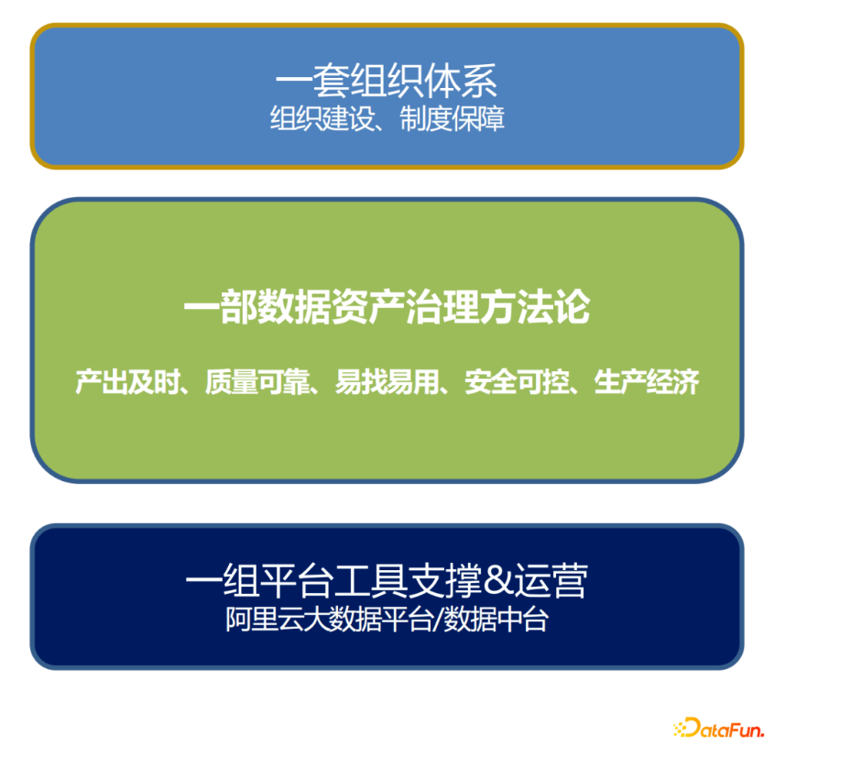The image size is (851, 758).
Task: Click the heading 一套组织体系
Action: (387, 81)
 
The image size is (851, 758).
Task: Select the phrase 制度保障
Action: (453, 118)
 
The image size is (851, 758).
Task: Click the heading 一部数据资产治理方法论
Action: (387, 307)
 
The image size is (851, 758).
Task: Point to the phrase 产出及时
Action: (127, 381)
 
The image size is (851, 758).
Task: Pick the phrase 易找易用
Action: (387, 381)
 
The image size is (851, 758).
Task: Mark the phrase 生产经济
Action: (647, 381)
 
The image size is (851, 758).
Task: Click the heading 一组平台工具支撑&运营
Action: (387, 581)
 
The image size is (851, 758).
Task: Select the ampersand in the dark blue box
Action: (498, 580)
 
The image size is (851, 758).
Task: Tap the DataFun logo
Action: (718, 728)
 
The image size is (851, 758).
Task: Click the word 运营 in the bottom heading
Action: (551, 581)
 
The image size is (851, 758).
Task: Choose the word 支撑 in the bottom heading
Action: (445, 581)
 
